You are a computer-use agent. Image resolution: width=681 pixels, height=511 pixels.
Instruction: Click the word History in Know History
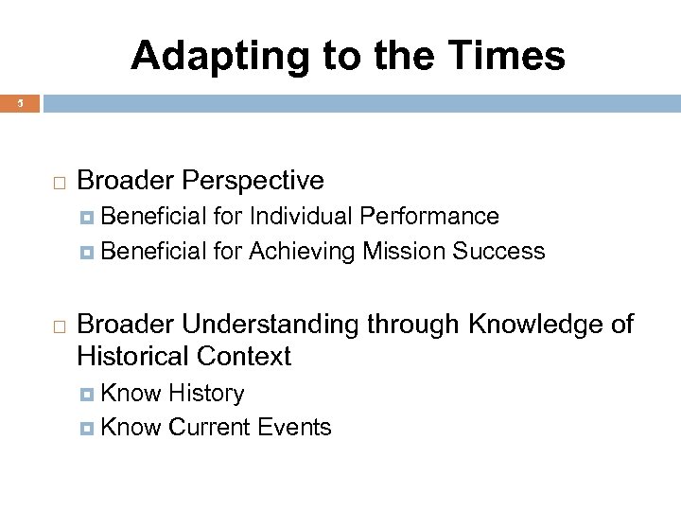coord(206,393)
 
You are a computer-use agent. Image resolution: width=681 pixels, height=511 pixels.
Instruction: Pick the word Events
coord(297,428)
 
